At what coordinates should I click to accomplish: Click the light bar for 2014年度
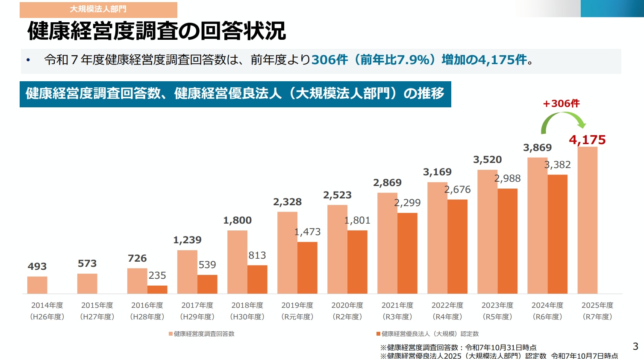point(37,285)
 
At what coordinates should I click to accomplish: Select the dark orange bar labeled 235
point(157,289)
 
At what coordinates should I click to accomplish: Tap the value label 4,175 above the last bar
point(587,140)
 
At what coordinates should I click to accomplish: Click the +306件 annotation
point(561,103)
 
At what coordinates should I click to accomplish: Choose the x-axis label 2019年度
point(297,305)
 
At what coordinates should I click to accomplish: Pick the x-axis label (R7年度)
point(597,317)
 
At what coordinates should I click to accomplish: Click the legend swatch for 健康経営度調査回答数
point(171,334)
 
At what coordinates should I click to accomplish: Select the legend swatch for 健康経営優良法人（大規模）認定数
point(378,334)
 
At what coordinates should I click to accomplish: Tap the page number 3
point(635,346)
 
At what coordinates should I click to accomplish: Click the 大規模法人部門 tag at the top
point(98,9)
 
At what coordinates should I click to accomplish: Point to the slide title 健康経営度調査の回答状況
point(156,31)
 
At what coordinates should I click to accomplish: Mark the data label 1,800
point(237,221)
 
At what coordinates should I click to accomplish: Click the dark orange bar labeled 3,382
point(557,234)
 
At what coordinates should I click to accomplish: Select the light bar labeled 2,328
point(287,252)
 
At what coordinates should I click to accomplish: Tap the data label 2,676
point(457,190)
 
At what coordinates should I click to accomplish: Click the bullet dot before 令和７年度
point(28,60)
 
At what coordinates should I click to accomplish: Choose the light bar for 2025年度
point(587,220)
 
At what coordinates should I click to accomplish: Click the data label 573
point(87,263)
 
